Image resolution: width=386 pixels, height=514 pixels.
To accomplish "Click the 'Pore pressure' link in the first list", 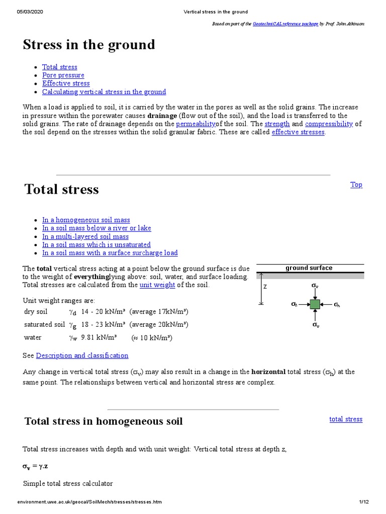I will click(63, 75).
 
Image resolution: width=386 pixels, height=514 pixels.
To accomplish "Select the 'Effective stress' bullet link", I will click(66, 83).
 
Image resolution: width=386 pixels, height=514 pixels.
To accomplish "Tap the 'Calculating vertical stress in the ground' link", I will click(104, 92).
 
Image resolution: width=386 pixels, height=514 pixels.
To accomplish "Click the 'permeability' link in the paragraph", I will click(196, 124).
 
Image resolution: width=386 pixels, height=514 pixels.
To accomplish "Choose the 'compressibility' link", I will click(329, 124).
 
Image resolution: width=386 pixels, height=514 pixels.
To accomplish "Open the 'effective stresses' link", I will click(298, 133).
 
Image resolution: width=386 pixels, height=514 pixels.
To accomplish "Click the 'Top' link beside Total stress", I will click(356, 185).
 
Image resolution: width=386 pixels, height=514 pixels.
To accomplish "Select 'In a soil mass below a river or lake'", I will click(96, 228).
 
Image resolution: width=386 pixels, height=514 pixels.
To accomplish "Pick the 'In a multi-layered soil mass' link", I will click(85, 236).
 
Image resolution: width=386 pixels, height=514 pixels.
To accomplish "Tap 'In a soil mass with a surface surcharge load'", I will click(110, 253).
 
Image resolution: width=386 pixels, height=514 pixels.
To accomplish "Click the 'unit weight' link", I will click(157, 285).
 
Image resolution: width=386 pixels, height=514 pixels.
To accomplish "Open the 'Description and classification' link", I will click(82, 355).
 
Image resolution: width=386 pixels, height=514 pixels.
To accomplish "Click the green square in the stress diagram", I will click(315, 304).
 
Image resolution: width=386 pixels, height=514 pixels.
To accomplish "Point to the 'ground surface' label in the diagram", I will click(309, 268).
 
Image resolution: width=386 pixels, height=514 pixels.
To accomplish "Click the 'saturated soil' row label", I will click(45, 325).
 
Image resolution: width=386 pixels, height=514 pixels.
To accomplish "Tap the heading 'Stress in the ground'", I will click(89, 45).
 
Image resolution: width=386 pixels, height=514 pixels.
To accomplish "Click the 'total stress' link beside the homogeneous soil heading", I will click(345, 419).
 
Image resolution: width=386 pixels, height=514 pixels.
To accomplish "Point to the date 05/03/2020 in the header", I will click(30, 12).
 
